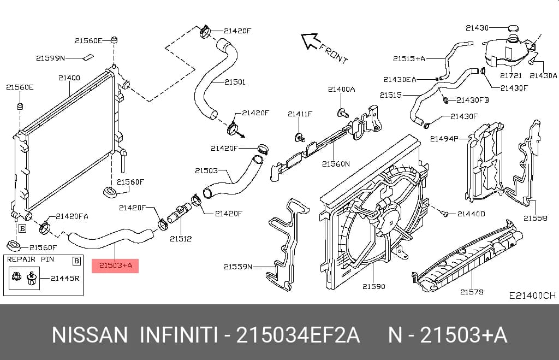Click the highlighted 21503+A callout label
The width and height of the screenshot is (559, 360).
point(115,265)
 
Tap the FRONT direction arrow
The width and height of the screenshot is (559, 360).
point(310,40)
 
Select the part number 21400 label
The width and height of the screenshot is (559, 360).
point(69,78)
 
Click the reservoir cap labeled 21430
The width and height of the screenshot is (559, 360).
point(513,28)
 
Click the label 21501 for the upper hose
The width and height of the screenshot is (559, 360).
point(235,82)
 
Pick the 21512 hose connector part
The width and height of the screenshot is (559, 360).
point(179,213)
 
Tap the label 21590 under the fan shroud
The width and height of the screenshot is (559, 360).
point(373,286)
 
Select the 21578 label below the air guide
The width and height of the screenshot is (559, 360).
point(472,292)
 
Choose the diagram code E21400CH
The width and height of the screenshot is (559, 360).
point(532,296)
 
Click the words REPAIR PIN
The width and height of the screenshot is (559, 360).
point(31,259)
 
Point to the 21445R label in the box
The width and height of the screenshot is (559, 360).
point(66,278)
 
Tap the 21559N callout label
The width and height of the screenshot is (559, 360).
point(238,267)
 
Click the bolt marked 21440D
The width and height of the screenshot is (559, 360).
point(444,214)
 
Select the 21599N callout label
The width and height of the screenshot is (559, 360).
point(50,58)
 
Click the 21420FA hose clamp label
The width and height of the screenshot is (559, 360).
point(72,216)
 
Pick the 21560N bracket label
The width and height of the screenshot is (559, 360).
point(336,164)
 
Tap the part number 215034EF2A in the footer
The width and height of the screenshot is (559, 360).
point(298,335)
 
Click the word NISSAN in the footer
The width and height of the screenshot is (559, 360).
point(90,335)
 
